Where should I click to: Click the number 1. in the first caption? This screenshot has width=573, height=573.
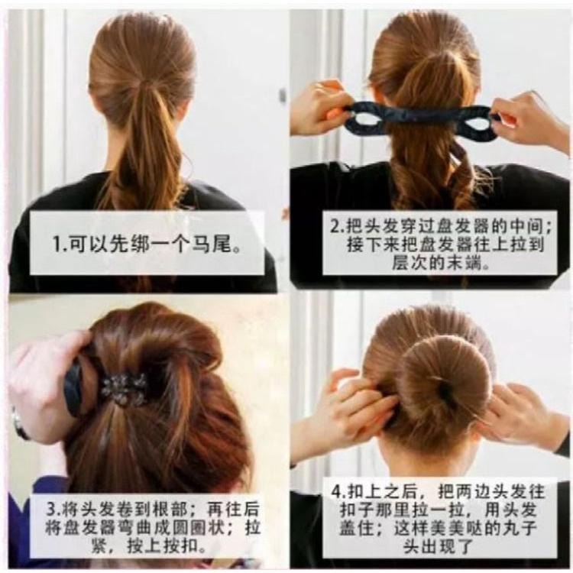pos(60,244)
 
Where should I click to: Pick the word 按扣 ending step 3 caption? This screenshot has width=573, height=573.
pos(180,546)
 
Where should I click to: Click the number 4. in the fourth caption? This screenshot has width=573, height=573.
pos(338,491)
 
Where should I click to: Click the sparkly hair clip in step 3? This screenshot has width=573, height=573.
pos(125,389)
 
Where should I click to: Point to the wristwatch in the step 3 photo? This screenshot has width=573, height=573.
pos(19,424)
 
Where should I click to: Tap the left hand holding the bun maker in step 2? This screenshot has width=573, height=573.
pos(322,106)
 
